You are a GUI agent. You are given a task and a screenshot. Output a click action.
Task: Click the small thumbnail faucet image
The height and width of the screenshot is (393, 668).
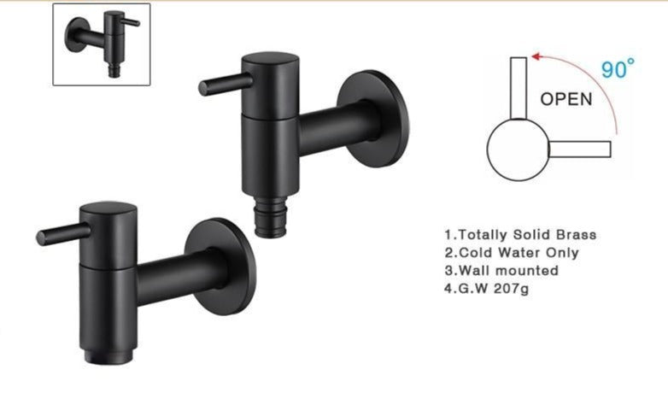pyautogui.click(x=102, y=44)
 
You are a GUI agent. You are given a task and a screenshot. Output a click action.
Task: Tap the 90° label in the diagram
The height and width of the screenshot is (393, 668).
pyautogui.click(x=618, y=69)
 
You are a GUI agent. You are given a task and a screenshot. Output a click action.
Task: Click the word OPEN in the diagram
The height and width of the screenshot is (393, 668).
pyautogui.click(x=565, y=98)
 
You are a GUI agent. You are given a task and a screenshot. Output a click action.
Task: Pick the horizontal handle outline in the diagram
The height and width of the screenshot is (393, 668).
pyautogui.click(x=579, y=150)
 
